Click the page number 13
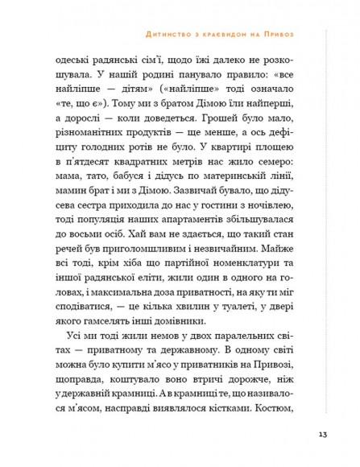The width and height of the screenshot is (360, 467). coord(322,435)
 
